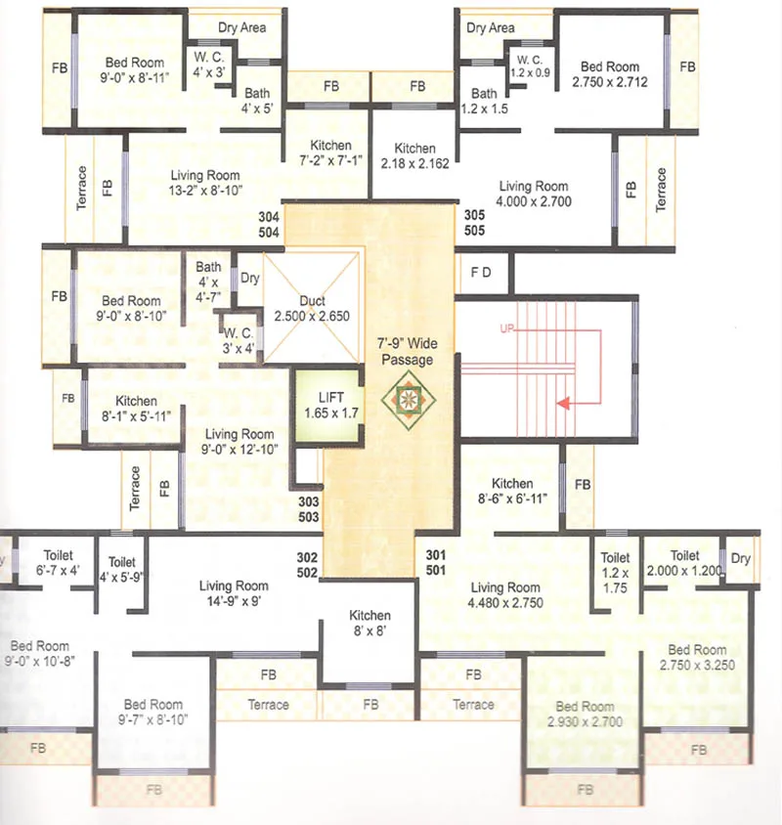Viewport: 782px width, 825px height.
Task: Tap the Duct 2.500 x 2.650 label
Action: (313, 309)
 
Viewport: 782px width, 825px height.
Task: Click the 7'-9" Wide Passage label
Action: (406, 352)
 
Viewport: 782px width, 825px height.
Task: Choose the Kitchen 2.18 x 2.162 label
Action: (415, 156)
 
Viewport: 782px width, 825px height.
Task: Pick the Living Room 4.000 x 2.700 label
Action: (534, 194)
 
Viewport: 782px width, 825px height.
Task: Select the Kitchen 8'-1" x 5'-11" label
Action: (136, 408)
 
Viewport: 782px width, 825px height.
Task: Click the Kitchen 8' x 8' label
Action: (369, 623)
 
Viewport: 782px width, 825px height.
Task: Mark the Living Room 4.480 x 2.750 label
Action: (504, 595)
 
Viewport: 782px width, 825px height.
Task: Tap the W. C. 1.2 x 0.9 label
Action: (534, 65)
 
